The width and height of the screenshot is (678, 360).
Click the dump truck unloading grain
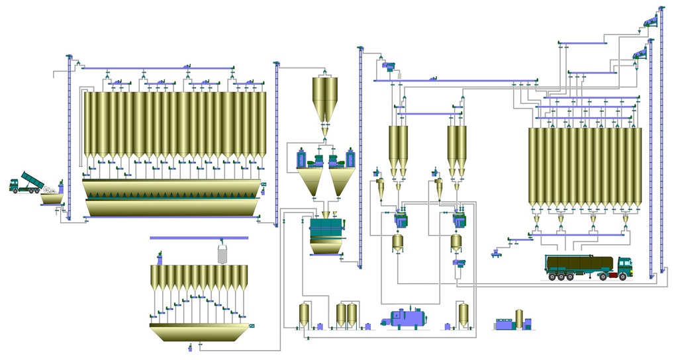pyautogui.click(x=25, y=183)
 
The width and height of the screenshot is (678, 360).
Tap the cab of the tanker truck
pyautogui.click(x=624, y=267)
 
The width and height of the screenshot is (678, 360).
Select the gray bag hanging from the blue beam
pyautogui.click(x=223, y=253)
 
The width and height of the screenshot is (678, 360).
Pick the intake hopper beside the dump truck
pyautogui.click(x=50, y=197)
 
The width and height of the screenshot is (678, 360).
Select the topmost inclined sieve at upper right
pyautogui.click(x=651, y=22)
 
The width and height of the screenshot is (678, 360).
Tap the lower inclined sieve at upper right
pyautogui.click(x=640, y=54)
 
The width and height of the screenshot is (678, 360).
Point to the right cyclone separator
pyautogui.click(x=438, y=187)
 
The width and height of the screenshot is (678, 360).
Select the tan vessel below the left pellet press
pyautogui.click(x=398, y=242)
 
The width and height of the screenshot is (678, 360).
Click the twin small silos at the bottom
pyautogui.click(x=346, y=314)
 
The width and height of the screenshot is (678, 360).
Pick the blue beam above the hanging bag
pyautogui.click(x=199, y=237)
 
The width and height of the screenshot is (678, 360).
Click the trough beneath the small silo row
pyautogui.click(x=199, y=332)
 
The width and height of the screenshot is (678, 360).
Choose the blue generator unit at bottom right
pyautogui.click(x=505, y=324)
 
